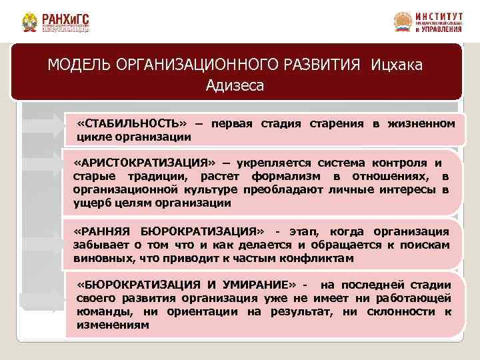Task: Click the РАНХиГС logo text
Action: click(x=65, y=18)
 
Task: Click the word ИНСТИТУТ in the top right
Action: click(x=439, y=15)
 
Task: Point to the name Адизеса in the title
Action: click(x=235, y=85)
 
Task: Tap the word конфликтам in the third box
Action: click(x=319, y=258)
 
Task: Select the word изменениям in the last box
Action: click(x=113, y=325)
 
